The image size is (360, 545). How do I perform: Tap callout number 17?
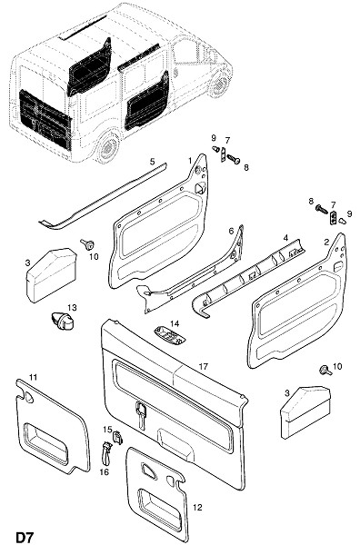coord(203,366)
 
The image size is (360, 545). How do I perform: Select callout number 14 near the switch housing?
coord(175,323)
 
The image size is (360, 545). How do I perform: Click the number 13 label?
coord(72,308)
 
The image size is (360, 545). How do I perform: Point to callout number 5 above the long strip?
coord(153,162)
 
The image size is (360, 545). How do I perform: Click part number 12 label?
coord(197,508)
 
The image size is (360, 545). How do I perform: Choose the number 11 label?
coord(33,377)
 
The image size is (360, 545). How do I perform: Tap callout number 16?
coord(105,472)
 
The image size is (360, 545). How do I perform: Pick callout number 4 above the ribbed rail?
coord(285,238)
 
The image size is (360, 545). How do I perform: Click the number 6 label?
coord(231,231)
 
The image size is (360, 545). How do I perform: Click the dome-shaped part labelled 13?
coord(63,321)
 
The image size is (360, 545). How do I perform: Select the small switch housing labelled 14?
coord(165,334)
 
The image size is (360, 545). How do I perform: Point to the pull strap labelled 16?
coord(105,452)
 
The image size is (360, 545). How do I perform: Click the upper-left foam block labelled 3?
coord(51,274)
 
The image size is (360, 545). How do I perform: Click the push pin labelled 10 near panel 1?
coord(86,244)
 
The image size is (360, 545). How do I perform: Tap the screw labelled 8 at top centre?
coord(234,159)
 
